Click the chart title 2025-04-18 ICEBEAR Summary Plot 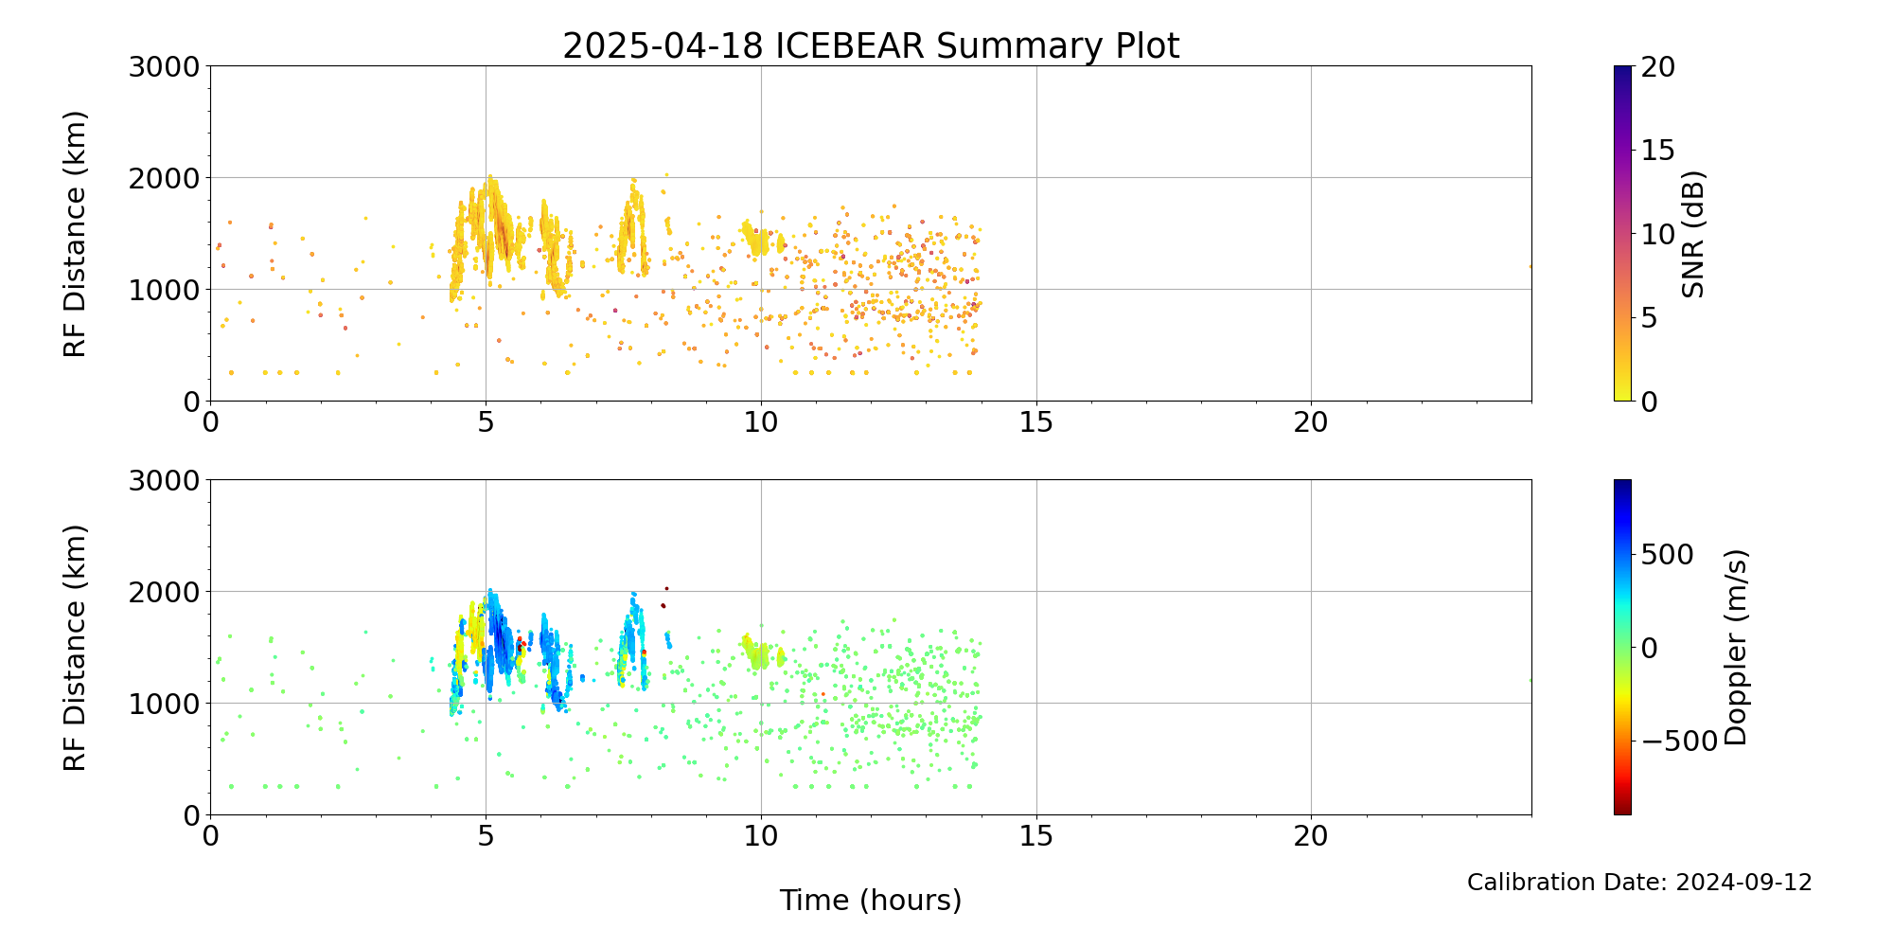tap(871, 45)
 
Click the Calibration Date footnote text tap(1639, 883)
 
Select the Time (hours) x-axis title tap(871, 900)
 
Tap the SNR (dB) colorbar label tap(1693, 234)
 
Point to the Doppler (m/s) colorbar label tap(1736, 648)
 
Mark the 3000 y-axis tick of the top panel tap(167, 66)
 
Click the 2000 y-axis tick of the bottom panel tap(167, 592)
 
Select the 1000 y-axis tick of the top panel tap(167, 290)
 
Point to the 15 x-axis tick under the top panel tap(1036, 422)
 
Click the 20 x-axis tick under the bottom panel tap(1311, 836)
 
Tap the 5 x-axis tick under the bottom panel tap(486, 836)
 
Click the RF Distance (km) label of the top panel tap(75, 234)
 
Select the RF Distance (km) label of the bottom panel tap(75, 648)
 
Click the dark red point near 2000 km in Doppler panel tap(666, 588)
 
